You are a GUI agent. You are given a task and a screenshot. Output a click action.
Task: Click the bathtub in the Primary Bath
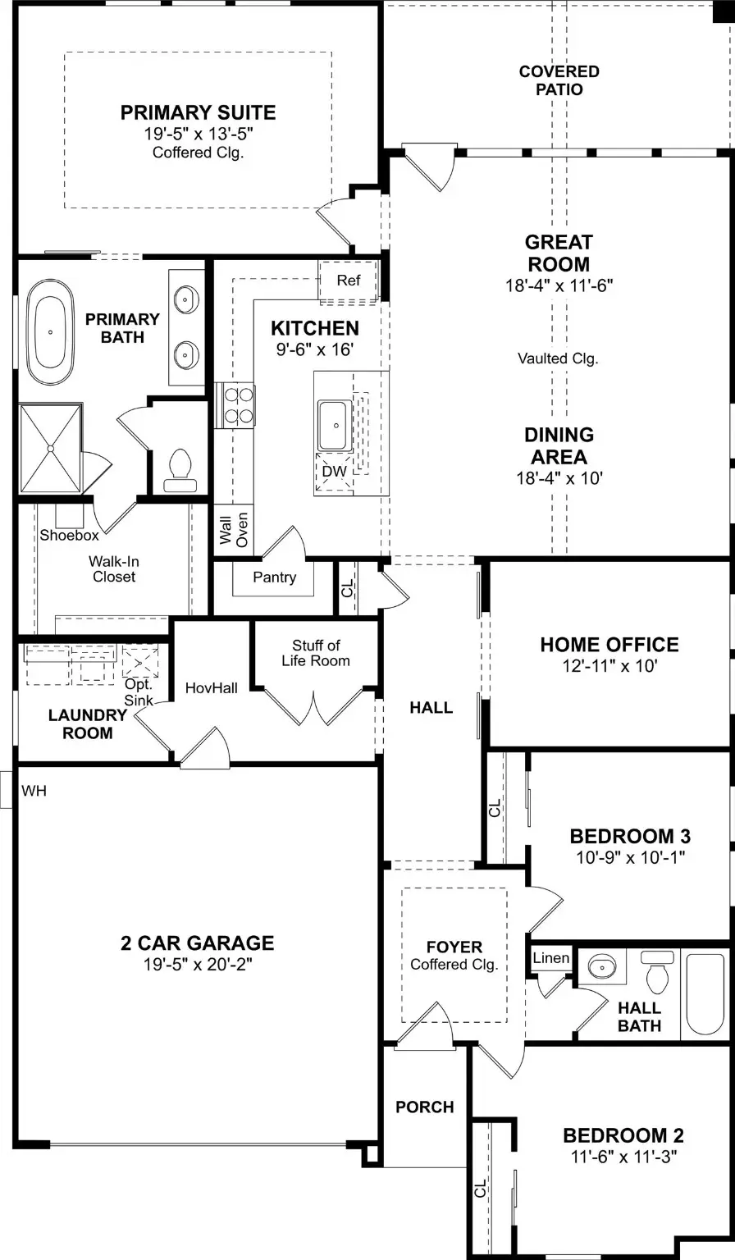(x=50, y=333)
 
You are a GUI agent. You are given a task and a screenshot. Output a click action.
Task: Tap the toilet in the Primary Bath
(x=178, y=467)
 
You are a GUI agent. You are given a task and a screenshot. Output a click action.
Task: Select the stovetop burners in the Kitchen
(x=235, y=405)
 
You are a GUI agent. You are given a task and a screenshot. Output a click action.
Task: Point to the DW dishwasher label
(x=334, y=472)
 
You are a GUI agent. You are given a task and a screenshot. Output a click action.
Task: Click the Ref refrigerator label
(x=349, y=281)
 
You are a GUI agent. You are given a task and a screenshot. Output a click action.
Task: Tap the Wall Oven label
(x=234, y=530)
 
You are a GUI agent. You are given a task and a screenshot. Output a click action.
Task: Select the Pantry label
(x=274, y=577)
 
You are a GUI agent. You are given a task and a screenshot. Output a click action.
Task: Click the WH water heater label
(x=34, y=792)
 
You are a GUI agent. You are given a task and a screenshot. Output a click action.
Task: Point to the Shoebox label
(x=69, y=536)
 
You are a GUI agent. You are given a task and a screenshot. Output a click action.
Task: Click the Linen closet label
(x=550, y=958)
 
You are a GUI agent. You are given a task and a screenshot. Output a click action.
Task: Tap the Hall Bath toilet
(x=656, y=973)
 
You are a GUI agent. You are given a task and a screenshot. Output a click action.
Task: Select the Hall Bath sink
(x=603, y=966)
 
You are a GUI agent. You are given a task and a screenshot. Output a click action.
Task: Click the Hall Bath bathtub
(x=706, y=993)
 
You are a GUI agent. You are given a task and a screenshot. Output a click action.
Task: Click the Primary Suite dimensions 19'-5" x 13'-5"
(x=198, y=134)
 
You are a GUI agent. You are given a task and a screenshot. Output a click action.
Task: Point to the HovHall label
(x=211, y=688)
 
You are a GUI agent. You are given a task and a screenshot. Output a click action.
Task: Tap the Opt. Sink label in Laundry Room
(x=138, y=692)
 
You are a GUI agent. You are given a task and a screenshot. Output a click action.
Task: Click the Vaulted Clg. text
(x=558, y=358)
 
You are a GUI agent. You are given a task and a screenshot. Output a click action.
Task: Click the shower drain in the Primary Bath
(x=50, y=449)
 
